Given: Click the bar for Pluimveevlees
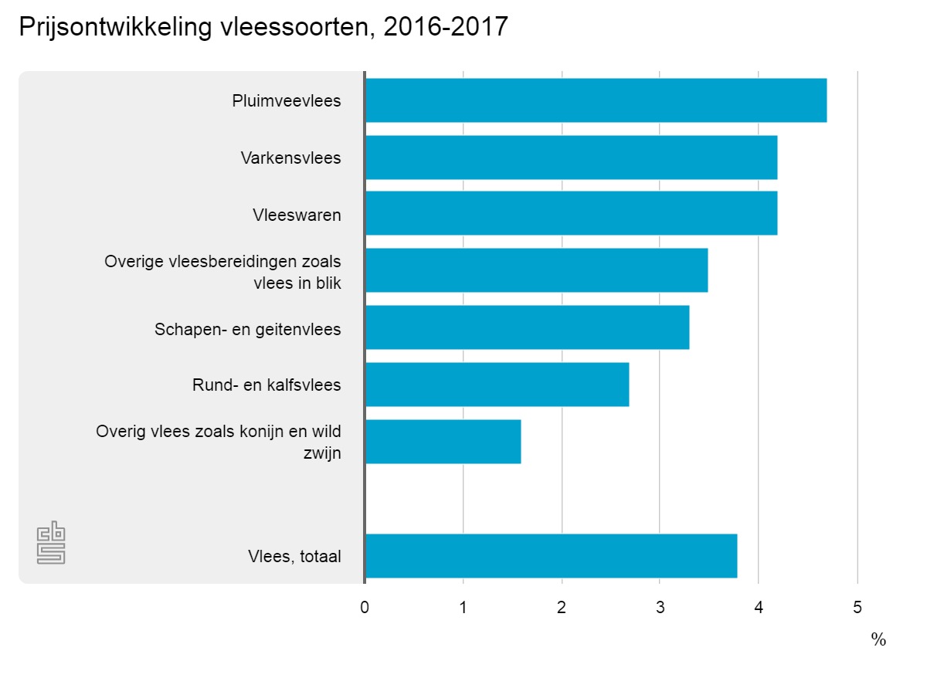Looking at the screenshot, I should [x=595, y=100].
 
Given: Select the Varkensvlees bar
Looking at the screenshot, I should [x=570, y=158].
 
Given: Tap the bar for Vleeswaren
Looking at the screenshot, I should [x=570, y=213].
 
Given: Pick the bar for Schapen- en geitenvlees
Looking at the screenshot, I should [x=527, y=327].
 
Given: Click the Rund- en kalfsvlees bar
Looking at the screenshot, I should [x=497, y=385].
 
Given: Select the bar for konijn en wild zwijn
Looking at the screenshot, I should [x=443, y=442].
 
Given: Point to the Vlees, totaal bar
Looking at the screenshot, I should [x=551, y=556].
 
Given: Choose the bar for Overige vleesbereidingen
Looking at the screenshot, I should [x=536, y=270].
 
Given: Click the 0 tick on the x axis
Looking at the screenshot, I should [x=365, y=608].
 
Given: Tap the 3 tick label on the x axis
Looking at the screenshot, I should [x=660, y=608].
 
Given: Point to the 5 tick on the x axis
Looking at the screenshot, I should [x=857, y=608].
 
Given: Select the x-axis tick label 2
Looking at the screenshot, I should [x=562, y=608].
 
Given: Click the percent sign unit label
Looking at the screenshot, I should [x=878, y=639].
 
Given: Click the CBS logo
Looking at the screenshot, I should [x=51, y=544].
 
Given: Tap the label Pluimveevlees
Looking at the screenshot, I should [x=287, y=101].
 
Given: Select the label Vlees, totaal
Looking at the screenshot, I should [x=294, y=557].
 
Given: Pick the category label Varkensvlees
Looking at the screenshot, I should [x=290, y=158].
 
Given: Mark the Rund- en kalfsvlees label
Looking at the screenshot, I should [x=267, y=385].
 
